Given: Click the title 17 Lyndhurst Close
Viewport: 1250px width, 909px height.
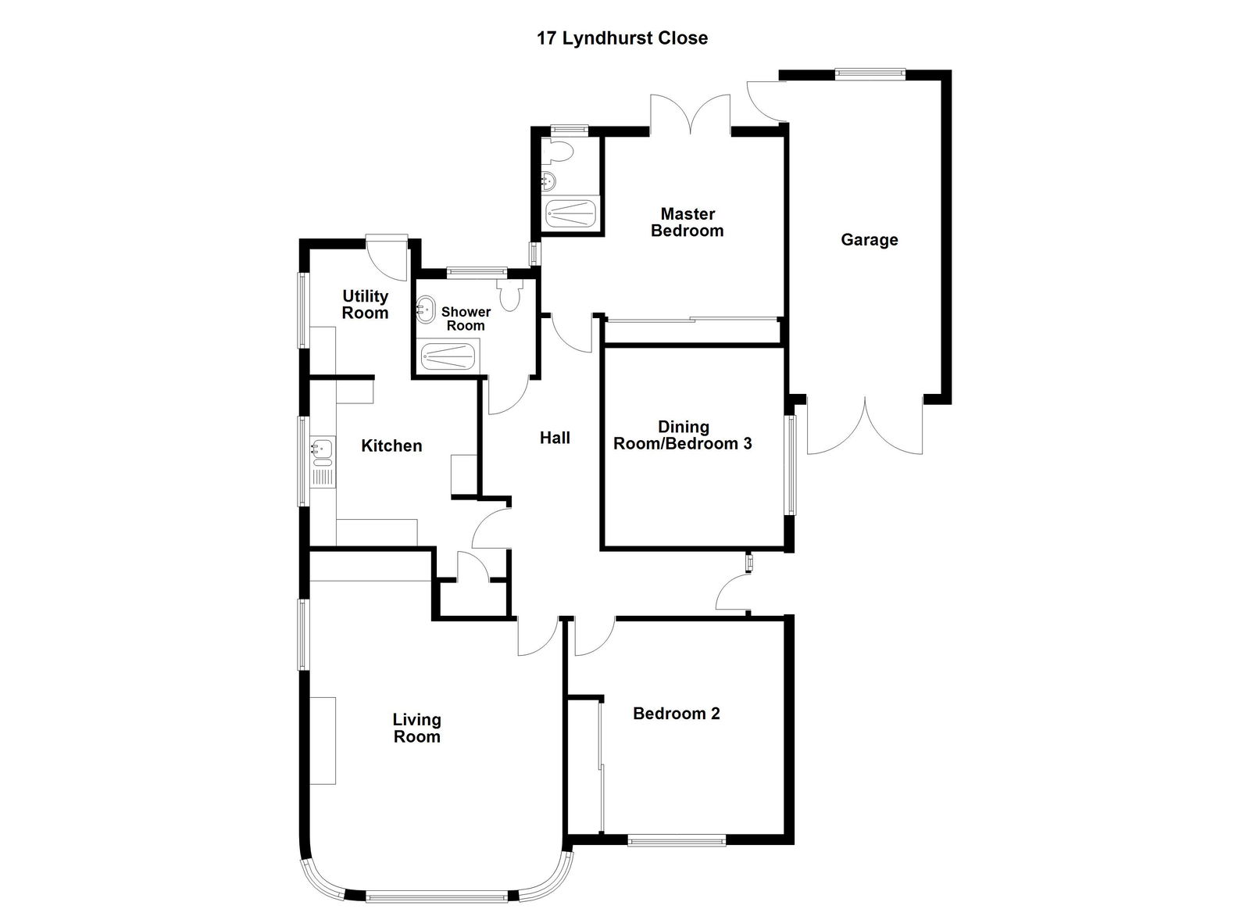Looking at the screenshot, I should coord(622,38).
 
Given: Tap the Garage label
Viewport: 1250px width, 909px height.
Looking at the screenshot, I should coord(869,240).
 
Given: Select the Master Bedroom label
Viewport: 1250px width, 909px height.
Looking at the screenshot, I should coord(687,222).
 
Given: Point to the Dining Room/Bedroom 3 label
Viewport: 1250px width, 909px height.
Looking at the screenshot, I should coord(683,435).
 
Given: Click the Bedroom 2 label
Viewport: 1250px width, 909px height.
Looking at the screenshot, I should coord(676,714).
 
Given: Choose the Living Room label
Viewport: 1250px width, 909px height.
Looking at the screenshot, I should coord(416,728).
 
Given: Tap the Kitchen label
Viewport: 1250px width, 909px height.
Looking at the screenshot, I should coord(391,446).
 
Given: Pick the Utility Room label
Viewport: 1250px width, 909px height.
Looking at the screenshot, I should coord(365,304).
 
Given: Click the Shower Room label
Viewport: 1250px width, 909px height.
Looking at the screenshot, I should coord(466,319).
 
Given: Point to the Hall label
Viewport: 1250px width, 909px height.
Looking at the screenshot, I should coord(555,438).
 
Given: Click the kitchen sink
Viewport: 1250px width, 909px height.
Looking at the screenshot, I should coord(322,449).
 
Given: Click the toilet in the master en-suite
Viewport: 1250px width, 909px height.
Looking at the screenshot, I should coord(562,150).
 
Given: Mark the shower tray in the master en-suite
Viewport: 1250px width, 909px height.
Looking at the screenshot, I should coord(570,213).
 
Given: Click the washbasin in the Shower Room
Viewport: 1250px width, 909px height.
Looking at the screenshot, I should coord(426,309).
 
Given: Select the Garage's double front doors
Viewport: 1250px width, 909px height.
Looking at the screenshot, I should coord(865,426).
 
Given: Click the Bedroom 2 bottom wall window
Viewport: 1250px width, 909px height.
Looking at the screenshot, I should coord(677,841).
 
